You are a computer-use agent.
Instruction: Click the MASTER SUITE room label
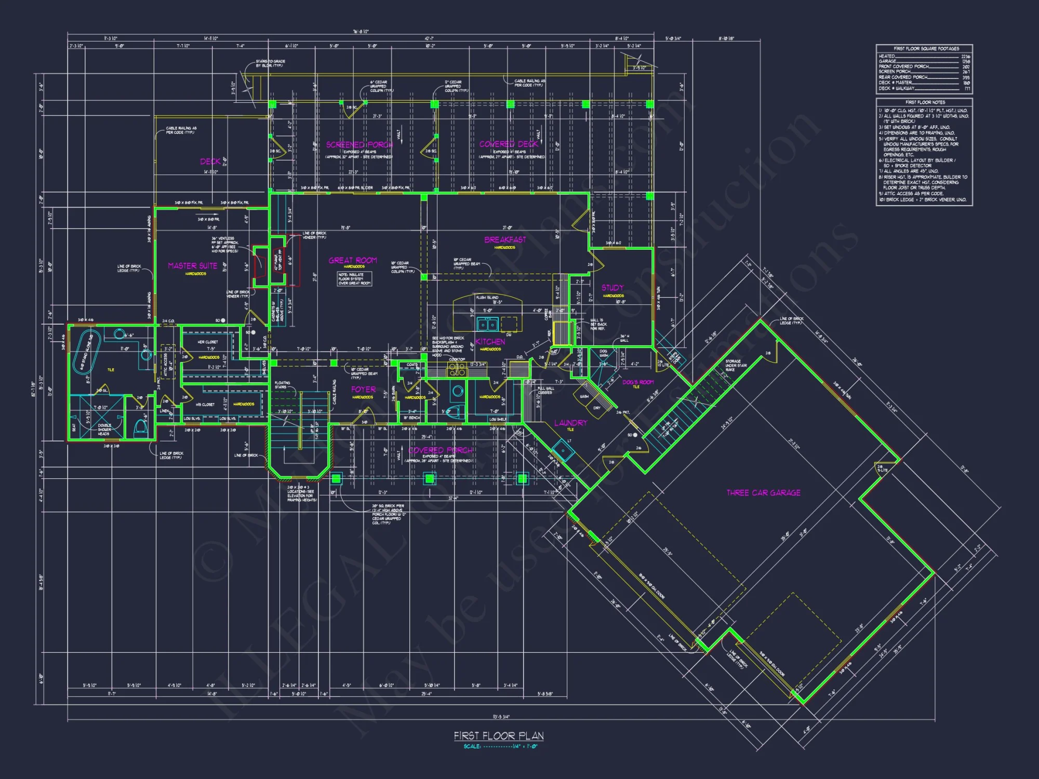193,265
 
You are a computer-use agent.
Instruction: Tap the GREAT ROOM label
353,260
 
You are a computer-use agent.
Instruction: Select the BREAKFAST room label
505,239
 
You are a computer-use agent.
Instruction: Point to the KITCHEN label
490,342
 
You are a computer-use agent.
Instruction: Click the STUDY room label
612,288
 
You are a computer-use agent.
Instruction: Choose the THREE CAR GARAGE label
763,492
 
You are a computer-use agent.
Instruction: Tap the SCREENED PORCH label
359,144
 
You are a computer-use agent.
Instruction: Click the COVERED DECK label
509,144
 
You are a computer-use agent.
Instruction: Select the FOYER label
363,389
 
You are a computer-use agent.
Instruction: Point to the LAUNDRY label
570,423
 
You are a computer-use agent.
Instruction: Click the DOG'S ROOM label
638,382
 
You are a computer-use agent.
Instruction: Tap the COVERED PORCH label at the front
441,450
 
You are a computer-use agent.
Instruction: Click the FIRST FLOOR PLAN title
499,736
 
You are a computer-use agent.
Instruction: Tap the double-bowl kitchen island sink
487,324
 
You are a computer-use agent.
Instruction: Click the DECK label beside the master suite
210,162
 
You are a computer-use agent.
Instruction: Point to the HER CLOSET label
208,342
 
